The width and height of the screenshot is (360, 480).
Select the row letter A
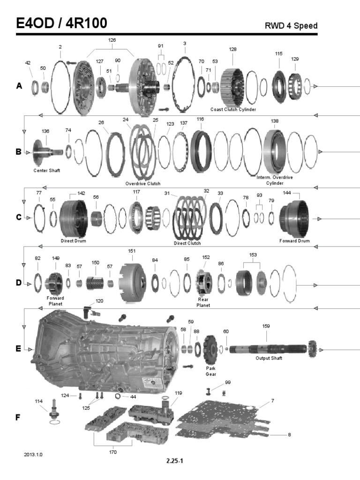pyautogui.click(x=19, y=86)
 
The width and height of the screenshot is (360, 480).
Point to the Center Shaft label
pyautogui.click(x=46, y=170)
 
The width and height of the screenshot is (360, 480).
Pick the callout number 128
pyautogui.click(x=233, y=49)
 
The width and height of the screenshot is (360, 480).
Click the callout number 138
pyautogui.click(x=274, y=121)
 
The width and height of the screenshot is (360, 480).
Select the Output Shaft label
pyautogui.click(x=269, y=358)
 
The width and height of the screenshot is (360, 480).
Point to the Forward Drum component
pyautogui.click(x=293, y=218)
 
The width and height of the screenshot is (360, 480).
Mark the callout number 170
pyautogui.click(x=112, y=452)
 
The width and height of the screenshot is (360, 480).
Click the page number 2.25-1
pyautogui.click(x=174, y=461)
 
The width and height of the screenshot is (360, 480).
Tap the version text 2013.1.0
pyautogui.click(x=36, y=455)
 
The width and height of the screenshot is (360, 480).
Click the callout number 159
pyautogui.click(x=266, y=326)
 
